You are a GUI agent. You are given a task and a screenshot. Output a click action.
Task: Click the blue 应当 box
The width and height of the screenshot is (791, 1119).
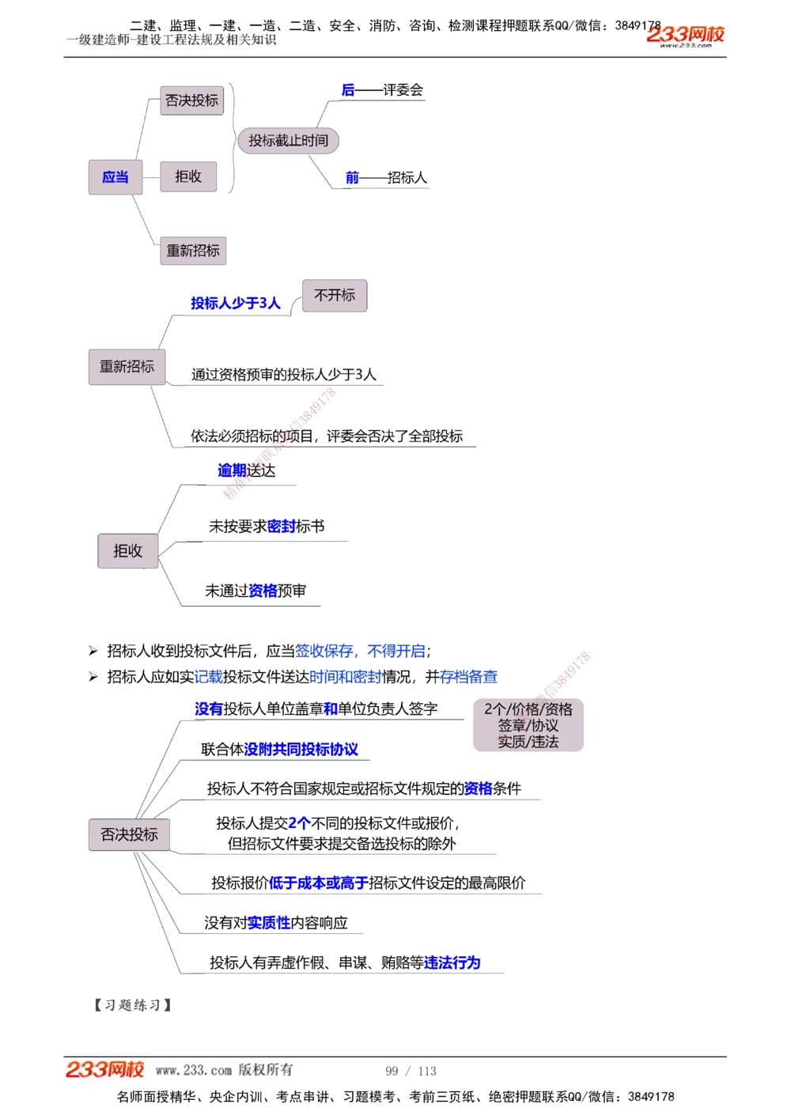click(115, 177)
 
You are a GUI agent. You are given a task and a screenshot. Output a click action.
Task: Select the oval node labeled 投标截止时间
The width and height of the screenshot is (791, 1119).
click(288, 141)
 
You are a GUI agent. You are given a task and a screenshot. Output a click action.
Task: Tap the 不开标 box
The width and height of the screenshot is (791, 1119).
click(335, 296)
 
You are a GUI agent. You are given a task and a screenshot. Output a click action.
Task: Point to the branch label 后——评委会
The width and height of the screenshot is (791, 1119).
click(382, 90)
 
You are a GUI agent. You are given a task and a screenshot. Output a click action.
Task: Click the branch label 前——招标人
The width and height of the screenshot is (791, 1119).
click(386, 178)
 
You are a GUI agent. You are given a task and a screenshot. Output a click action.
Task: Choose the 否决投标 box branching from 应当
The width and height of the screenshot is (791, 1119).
click(191, 100)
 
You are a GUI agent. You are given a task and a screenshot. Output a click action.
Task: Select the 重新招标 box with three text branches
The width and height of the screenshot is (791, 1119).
click(127, 367)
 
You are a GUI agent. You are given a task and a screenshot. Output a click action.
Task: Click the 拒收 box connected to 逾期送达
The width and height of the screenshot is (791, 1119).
click(127, 551)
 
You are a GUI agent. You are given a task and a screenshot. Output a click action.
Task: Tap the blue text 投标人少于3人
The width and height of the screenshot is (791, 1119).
click(236, 304)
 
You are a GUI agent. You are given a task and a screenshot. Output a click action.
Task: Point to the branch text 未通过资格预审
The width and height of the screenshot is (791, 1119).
click(255, 591)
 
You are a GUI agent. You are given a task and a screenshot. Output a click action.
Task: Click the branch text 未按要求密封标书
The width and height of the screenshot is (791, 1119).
click(267, 527)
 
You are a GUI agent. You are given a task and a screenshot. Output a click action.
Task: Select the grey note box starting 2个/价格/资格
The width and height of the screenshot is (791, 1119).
click(528, 725)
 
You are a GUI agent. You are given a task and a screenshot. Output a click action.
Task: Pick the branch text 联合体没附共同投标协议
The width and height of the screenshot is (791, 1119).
click(279, 750)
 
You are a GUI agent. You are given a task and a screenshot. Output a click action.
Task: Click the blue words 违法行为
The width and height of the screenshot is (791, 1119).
click(452, 962)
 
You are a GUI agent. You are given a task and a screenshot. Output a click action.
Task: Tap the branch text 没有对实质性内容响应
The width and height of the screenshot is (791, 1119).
click(276, 923)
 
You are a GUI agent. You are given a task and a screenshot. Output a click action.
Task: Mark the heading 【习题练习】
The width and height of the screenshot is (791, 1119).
click(133, 1005)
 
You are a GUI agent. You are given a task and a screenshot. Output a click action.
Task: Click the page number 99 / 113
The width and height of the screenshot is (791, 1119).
click(411, 1071)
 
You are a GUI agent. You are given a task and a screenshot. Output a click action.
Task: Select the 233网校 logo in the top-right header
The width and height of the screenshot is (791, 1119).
click(685, 35)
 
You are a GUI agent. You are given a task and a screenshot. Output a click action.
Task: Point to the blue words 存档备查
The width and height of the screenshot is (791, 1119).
click(468, 677)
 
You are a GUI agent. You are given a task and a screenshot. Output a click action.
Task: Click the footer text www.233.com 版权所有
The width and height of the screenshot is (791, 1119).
click(224, 1070)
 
